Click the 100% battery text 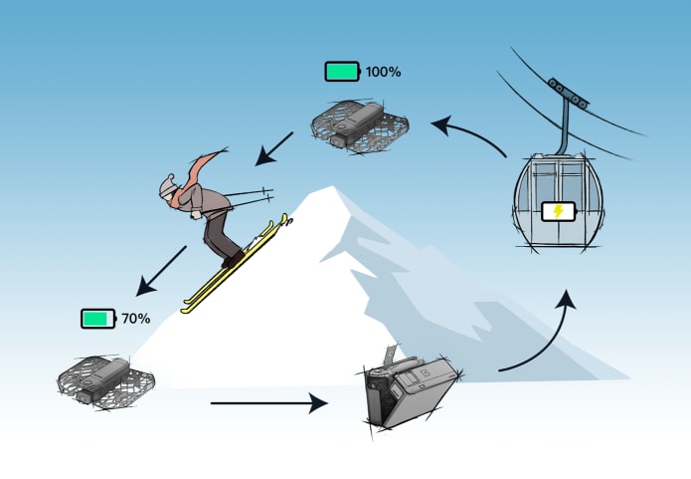[383, 73]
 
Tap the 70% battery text [135, 319]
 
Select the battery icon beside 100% [343, 72]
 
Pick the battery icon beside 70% [98, 319]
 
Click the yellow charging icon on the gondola [557, 211]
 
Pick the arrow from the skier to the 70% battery [161, 270]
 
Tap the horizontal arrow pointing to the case [268, 403]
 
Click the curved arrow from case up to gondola [543, 339]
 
